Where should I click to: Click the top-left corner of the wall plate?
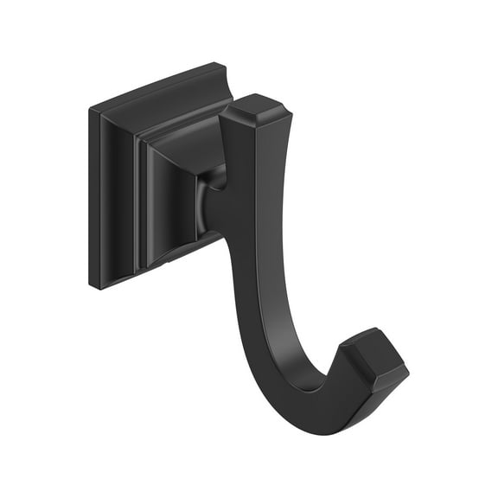tap(92, 111)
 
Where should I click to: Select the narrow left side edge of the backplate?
tap(94, 199)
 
